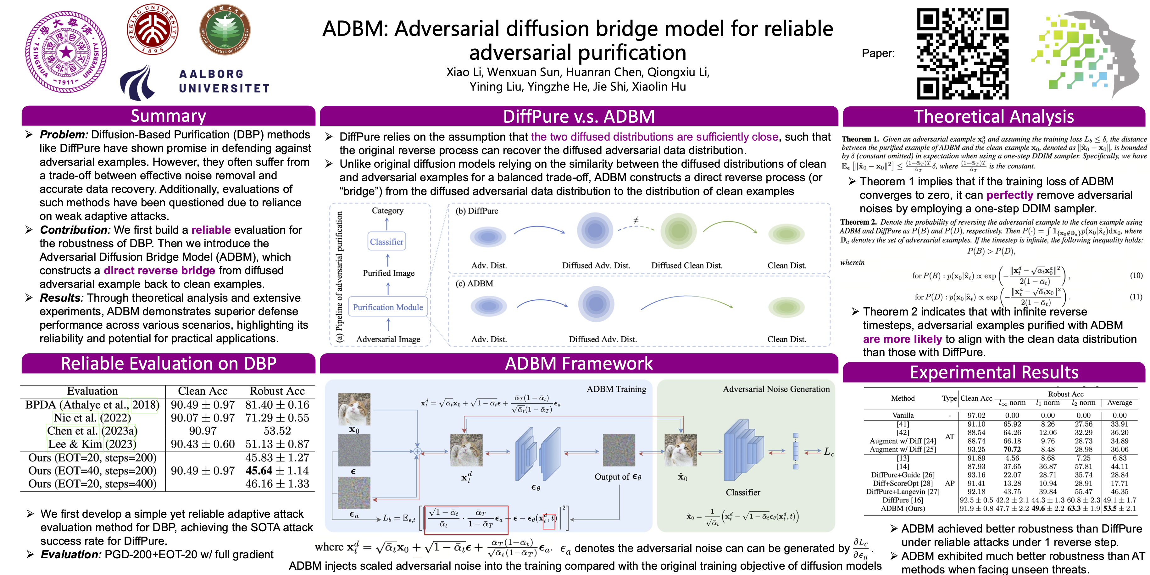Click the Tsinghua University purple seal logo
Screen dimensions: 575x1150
[66, 52]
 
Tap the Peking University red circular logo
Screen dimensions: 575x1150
[153, 30]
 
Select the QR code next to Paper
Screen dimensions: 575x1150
[963, 53]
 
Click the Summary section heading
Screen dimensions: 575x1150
[168, 116]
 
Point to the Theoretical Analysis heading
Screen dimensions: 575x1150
[993, 116]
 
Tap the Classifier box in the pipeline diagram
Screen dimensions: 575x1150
[386, 242]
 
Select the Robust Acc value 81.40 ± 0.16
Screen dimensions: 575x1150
[277, 405]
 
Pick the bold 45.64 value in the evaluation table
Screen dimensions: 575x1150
[259, 471]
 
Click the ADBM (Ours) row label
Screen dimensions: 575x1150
[903, 509]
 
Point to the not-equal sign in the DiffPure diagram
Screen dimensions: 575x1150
[636, 220]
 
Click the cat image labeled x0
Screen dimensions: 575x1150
[354, 409]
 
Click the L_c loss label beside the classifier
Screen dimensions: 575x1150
[829, 452]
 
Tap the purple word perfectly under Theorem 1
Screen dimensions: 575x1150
[1009, 195]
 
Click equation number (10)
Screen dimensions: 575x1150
[1136, 276]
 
